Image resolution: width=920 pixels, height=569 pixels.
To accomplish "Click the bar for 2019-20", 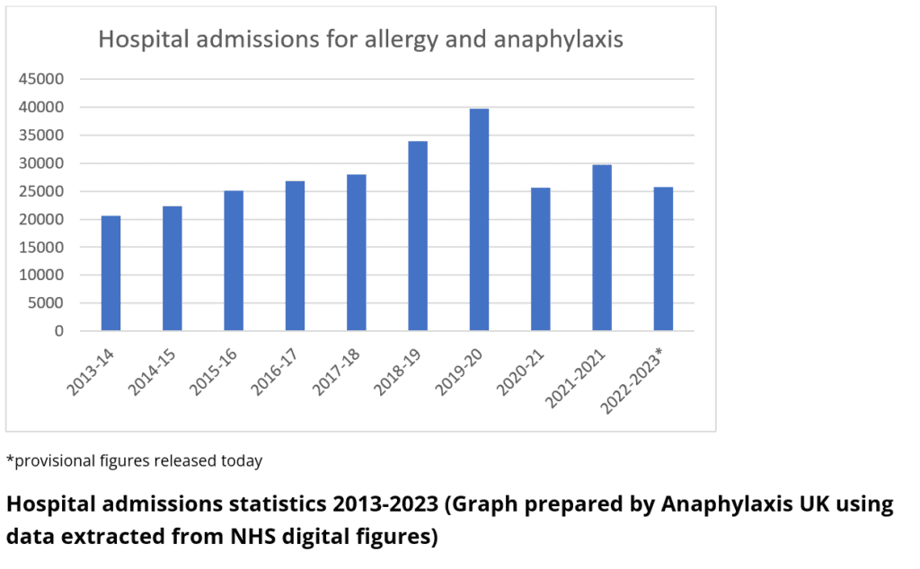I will pyautogui.click(x=480, y=220).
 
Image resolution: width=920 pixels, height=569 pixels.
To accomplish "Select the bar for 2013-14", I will pyautogui.click(x=111, y=273).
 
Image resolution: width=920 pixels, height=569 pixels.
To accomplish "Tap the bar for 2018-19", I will pyautogui.click(x=418, y=236).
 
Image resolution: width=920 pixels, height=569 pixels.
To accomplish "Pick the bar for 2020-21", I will pyautogui.click(x=541, y=259).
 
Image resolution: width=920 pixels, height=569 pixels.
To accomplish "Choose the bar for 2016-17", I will pyautogui.click(x=295, y=256).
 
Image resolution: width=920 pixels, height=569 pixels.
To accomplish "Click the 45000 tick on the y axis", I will pyautogui.click(x=42, y=79).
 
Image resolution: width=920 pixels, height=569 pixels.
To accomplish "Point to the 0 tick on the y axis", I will pyautogui.click(x=59, y=331).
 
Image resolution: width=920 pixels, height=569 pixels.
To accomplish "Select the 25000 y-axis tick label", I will pyautogui.click(x=42, y=191).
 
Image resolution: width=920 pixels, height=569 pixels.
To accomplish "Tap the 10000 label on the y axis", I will pyautogui.click(x=42, y=276).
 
